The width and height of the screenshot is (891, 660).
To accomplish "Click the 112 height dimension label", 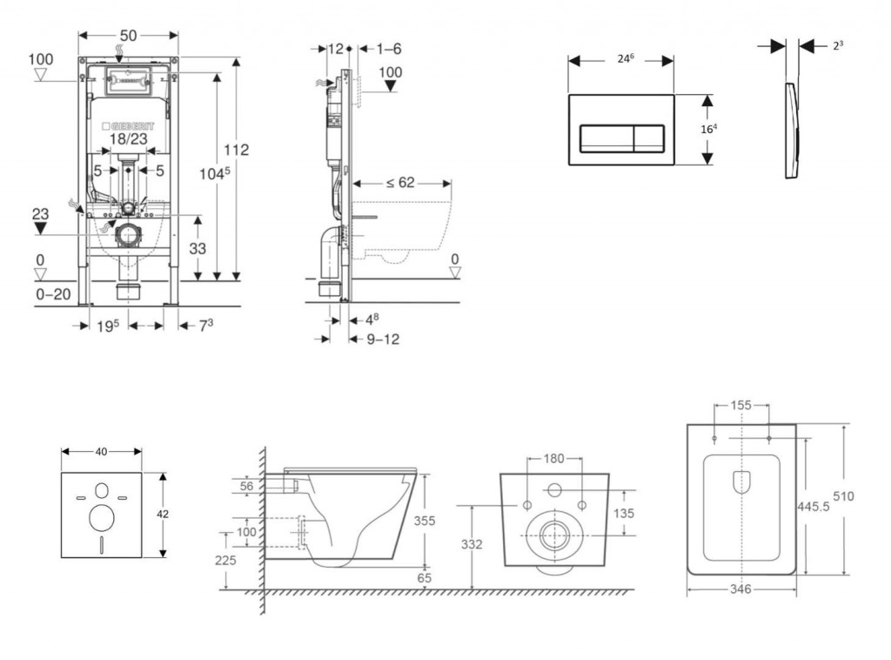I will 235,150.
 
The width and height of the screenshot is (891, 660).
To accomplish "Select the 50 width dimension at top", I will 128,35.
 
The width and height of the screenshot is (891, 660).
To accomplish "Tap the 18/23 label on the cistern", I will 129,138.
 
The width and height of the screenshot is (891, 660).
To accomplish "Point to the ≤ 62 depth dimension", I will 399,183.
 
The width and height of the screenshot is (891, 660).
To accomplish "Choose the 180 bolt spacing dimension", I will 554,459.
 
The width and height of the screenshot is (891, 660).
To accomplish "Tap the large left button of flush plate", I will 606,137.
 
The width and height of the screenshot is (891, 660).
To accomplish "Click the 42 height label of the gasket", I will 163,515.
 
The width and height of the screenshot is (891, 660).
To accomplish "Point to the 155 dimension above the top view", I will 740,405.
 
